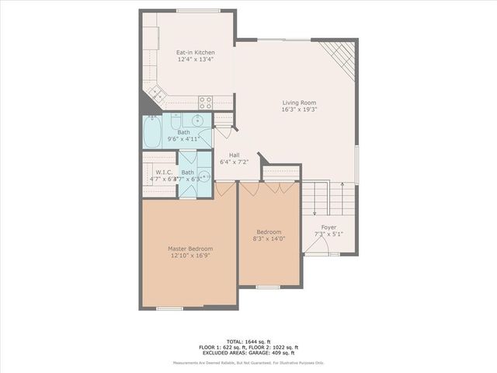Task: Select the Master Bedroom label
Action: (190, 249)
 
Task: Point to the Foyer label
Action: (328, 227)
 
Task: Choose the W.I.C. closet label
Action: (163, 173)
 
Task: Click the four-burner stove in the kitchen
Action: (206, 100)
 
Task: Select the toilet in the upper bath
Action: (176, 122)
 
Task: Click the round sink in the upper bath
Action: (199, 120)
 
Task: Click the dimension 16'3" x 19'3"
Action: (299, 110)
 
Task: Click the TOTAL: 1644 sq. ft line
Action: (248, 341)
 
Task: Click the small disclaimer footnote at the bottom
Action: (248, 363)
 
